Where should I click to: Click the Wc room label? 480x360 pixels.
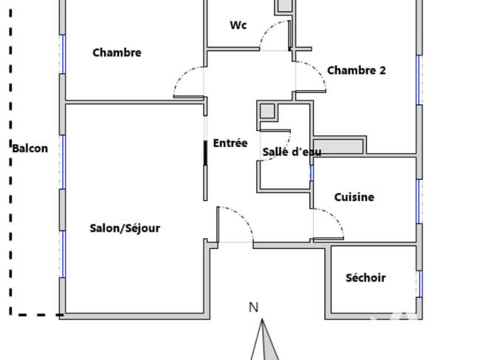click(x=239, y=25)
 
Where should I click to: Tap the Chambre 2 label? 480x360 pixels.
click(x=357, y=70)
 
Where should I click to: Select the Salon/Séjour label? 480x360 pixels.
click(x=125, y=228)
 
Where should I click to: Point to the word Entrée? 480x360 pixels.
click(x=230, y=143)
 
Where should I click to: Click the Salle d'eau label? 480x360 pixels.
click(x=292, y=152)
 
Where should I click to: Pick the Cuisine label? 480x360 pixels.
click(x=354, y=197)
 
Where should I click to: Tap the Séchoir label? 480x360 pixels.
click(x=366, y=278)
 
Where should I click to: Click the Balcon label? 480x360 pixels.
click(x=30, y=149)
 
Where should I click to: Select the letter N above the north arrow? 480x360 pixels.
click(x=253, y=308)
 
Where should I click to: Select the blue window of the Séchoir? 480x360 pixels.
click(x=420, y=284)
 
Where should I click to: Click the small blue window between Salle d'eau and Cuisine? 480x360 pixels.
click(x=312, y=174)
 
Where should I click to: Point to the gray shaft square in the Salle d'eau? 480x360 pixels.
click(x=267, y=111)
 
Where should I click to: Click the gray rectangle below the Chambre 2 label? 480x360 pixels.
click(x=338, y=147)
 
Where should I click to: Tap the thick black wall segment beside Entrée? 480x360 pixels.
click(x=205, y=153)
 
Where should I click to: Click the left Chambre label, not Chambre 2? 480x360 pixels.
click(x=117, y=52)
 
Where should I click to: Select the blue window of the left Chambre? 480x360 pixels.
click(x=64, y=54)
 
